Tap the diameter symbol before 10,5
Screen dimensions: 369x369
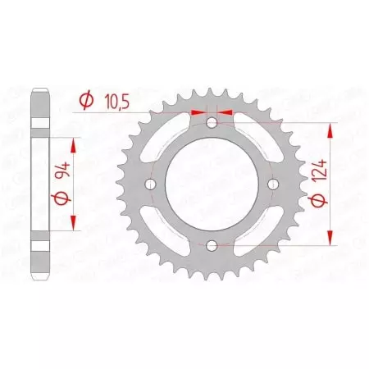(x=84, y=101)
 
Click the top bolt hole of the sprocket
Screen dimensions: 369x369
(x=211, y=123)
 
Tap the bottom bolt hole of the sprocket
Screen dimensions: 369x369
(x=211, y=244)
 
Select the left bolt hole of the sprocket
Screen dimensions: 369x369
(x=150, y=184)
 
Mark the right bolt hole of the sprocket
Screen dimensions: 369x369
(x=271, y=184)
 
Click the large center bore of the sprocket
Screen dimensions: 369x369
(x=211, y=184)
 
